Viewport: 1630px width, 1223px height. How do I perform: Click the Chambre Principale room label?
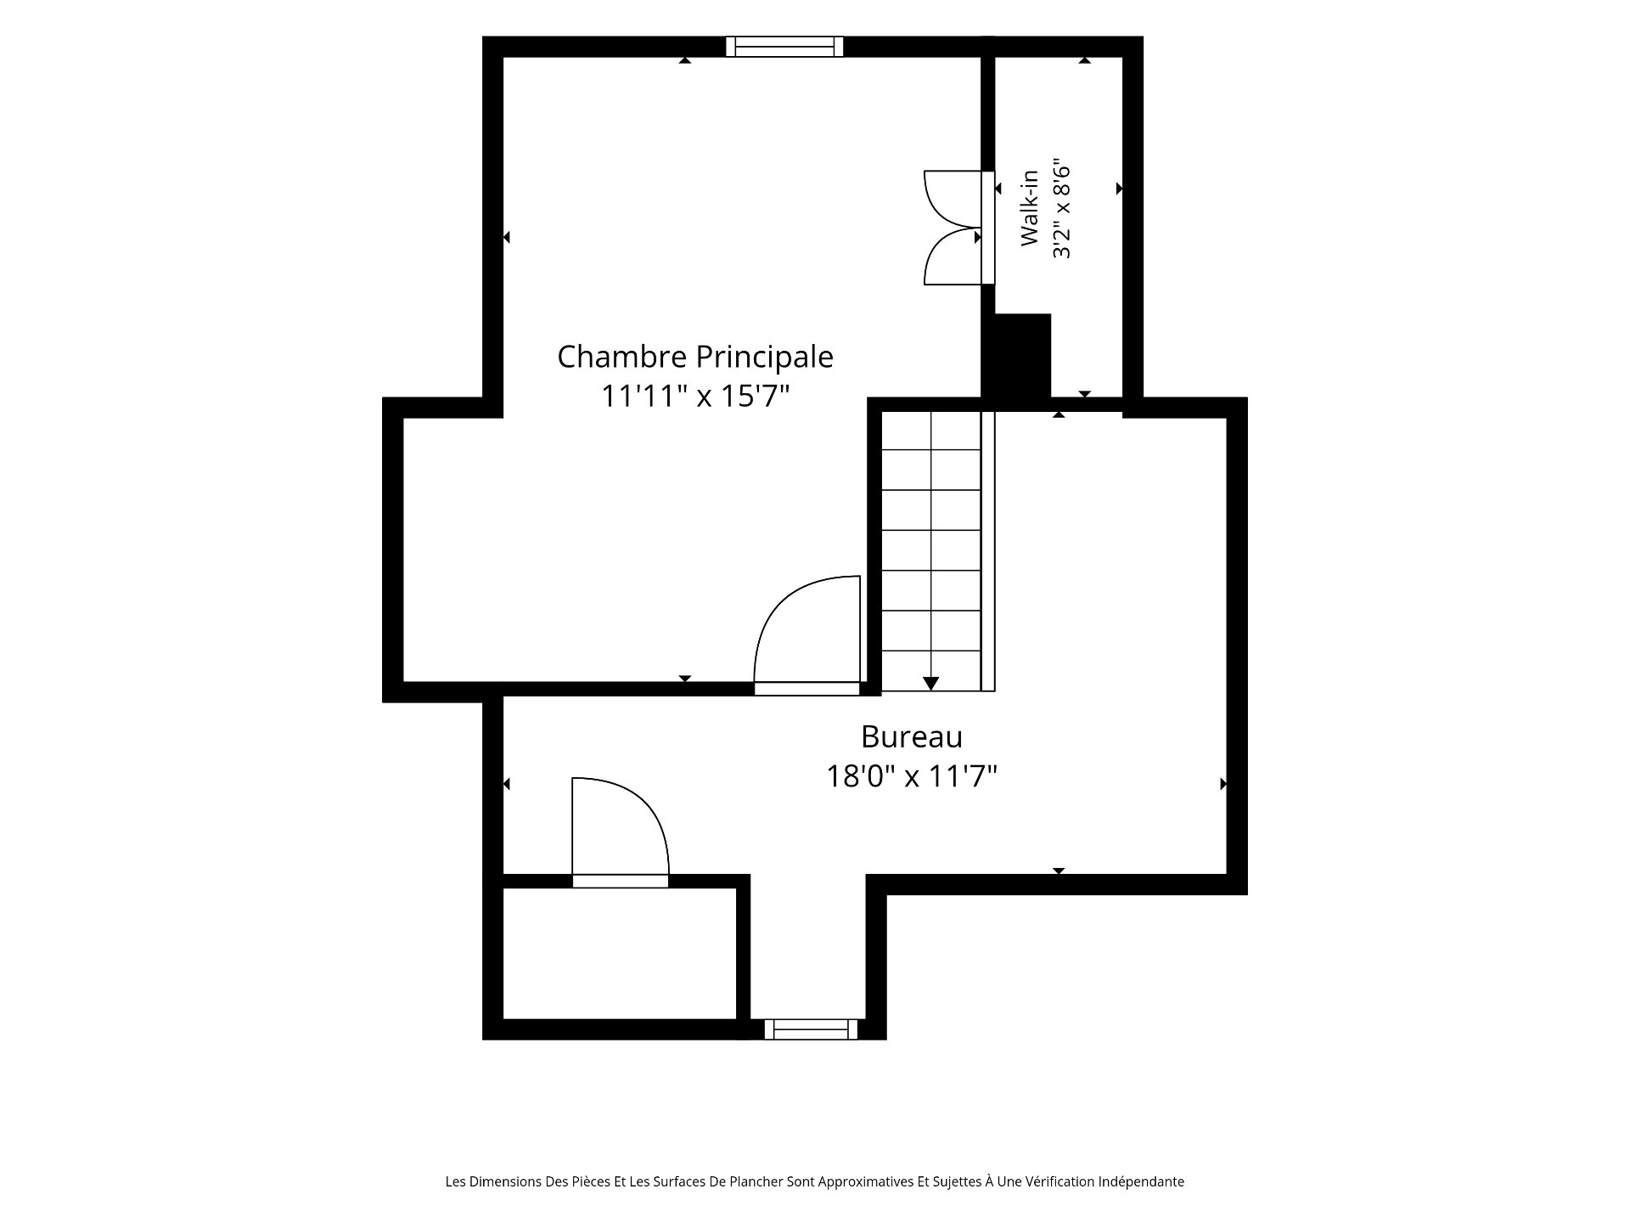click(x=694, y=357)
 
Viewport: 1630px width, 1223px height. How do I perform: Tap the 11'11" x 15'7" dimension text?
click(x=695, y=396)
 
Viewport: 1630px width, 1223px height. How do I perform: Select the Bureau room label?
click(x=912, y=736)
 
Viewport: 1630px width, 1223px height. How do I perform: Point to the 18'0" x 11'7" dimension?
click(x=912, y=775)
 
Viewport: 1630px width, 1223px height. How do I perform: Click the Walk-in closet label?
click(x=1030, y=208)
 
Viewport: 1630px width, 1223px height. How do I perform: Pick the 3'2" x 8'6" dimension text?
click(x=1061, y=208)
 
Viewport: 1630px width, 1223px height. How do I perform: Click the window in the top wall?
click(x=784, y=46)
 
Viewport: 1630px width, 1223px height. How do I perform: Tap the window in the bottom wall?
click(x=811, y=1029)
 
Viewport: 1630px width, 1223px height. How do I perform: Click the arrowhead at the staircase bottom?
click(x=931, y=683)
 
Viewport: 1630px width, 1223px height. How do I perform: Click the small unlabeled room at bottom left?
click(x=620, y=953)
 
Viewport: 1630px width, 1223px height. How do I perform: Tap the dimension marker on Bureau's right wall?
click(x=1223, y=784)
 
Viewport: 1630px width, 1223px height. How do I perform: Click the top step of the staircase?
click(x=931, y=431)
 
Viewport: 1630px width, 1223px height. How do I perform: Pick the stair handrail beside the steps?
click(x=988, y=551)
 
